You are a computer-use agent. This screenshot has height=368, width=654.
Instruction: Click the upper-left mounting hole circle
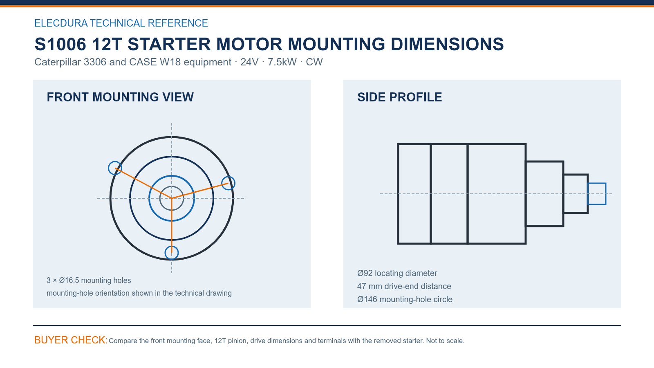coord(108,168)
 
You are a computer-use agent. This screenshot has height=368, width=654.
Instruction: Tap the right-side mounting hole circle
coord(235,183)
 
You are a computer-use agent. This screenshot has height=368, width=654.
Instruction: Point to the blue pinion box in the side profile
coord(596,183)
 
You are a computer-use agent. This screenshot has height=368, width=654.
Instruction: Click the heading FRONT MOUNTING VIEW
coord(120,97)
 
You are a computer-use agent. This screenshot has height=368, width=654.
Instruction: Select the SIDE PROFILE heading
coord(399,97)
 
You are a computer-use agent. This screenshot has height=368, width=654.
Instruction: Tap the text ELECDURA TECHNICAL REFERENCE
coord(121,23)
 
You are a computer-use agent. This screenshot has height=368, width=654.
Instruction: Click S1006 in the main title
coord(60,44)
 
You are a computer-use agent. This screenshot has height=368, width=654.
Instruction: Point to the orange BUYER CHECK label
coord(71,340)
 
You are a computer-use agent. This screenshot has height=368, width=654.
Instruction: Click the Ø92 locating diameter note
coord(397,273)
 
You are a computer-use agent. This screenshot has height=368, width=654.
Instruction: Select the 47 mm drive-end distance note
coord(404,286)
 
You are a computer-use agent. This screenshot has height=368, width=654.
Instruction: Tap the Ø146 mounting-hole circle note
coord(405,299)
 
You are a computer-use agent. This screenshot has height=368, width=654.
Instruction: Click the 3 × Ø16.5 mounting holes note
coord(89,280)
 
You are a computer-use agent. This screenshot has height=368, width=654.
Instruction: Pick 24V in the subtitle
coord(249,62)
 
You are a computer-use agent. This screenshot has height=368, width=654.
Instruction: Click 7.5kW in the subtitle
coord(282,62)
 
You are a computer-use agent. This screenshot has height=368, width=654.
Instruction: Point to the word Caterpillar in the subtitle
coord(58,62)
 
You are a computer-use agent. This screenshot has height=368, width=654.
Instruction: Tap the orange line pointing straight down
coord(172,225)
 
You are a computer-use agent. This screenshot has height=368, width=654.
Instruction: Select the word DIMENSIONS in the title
coord(447,44)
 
